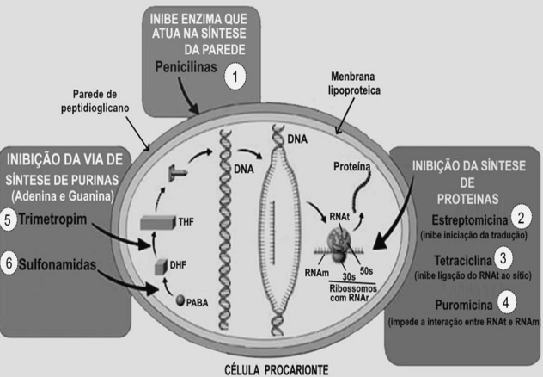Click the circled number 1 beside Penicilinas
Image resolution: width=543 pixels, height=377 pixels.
235,77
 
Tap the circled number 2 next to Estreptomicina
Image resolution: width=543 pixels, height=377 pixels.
521,218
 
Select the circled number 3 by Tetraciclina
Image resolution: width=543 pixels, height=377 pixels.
503,258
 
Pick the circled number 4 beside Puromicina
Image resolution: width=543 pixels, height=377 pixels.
506,302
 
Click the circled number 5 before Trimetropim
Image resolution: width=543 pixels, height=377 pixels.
8,220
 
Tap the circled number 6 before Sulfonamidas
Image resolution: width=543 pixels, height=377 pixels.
9,263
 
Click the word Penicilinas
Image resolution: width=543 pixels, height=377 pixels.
186,67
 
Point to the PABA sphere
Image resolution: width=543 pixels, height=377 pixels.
180,300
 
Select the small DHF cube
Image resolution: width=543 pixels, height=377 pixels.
161,266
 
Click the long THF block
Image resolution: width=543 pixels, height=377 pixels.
158,222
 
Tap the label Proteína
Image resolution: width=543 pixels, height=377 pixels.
352,167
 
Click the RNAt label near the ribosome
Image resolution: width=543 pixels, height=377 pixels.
339,217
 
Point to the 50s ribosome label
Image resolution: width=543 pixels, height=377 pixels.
366,270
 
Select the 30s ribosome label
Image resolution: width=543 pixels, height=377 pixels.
349,277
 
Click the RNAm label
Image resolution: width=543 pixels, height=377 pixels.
316,273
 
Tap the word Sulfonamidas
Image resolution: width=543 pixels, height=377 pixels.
58,264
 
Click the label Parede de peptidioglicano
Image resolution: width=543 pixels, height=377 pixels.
95,102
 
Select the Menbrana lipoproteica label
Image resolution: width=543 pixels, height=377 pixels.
354,83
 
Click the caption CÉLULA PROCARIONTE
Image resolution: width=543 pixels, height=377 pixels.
277,370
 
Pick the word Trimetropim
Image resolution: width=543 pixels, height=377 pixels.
52,219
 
